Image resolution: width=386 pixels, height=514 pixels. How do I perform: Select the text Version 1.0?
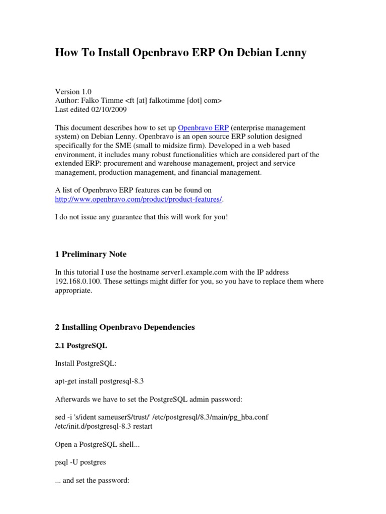[x=73, y=91]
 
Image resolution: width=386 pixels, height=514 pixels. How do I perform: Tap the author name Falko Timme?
[x=105, y=100]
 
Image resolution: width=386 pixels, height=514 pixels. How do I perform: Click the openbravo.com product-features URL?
[x=138, y=199]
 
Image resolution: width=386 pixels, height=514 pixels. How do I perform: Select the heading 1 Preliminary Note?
[x=94, y=254]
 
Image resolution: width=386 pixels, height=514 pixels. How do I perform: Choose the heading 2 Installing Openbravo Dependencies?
[x=125, y=327]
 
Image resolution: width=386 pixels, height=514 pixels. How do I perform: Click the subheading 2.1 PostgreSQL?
[x=81, y=346]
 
